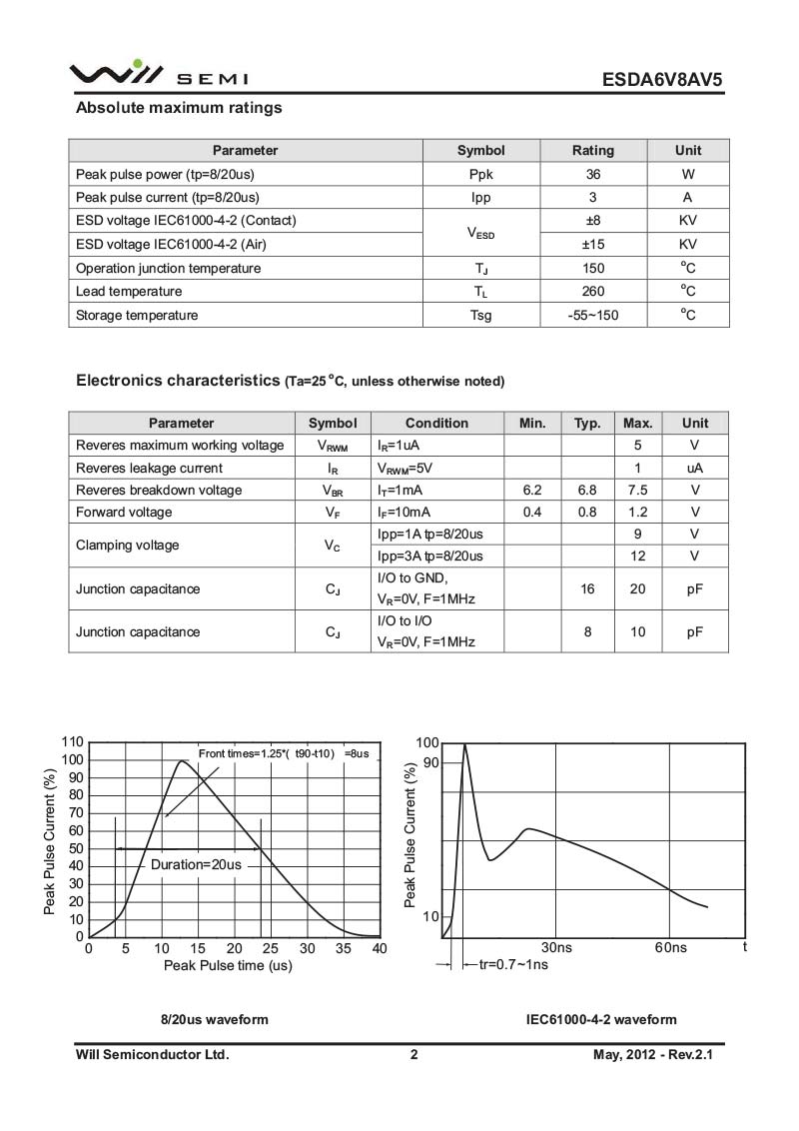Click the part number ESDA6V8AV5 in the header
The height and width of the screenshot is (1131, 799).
(661, 79)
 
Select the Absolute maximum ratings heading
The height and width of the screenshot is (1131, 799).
(179, 108)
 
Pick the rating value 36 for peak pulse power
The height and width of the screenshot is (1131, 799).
(592, 174)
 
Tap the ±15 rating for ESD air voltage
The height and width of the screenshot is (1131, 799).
(592, 244)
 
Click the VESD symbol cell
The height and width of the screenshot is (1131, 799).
(480, 233)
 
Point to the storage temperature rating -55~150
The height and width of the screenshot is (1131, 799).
(592, 315)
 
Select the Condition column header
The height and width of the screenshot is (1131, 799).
(436, 423)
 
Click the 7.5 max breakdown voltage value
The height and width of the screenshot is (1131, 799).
(637, 490)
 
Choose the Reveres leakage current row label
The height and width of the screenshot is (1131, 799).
(149, 468)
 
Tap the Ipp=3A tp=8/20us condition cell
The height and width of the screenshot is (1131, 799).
(430, 556)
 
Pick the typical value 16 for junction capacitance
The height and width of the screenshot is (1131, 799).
(587, 588)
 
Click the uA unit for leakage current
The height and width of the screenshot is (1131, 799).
(694, 468)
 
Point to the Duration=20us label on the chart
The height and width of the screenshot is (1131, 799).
(196, 864)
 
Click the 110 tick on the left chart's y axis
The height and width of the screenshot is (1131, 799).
(73, 742)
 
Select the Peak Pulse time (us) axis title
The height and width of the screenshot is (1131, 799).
(228, 965)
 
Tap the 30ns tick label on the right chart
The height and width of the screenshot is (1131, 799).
(556, 947)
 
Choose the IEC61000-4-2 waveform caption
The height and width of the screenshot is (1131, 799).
(601, 1020)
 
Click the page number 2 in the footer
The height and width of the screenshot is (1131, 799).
(413, 1054)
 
